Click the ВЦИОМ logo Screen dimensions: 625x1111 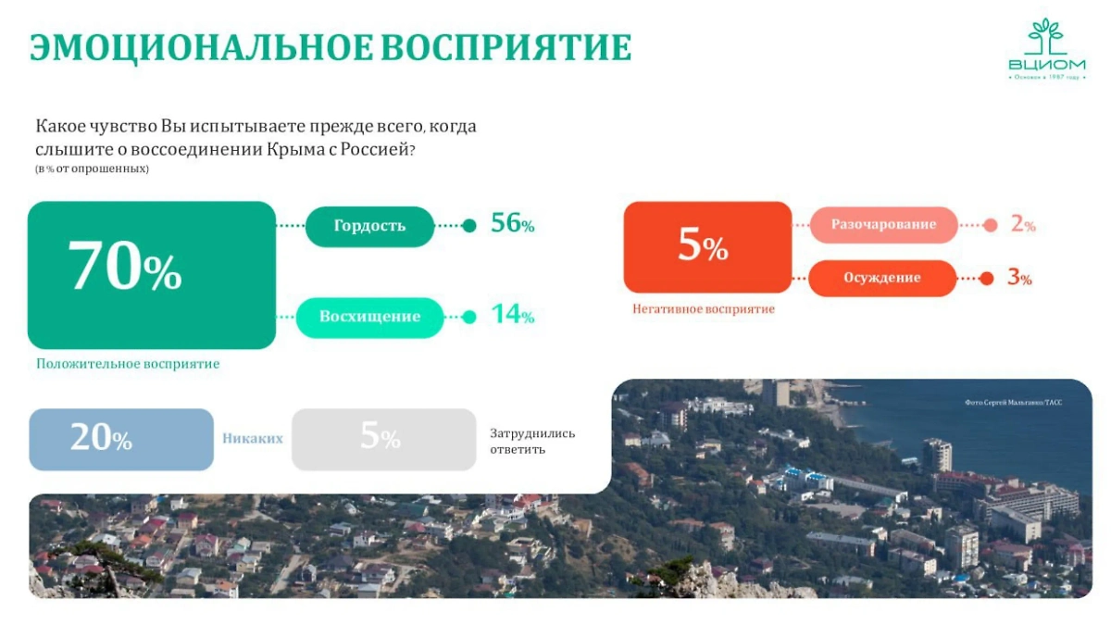pyautogui.click(x=1047, y=49)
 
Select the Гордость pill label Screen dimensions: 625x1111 pyautogui.click(x=369, y=226)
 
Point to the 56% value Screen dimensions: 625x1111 pyautogui.click(x=512, y=224)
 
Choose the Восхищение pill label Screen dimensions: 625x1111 pyautogui.click(x=369, y=317)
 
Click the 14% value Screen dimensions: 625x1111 pyautogui.click(x=512, y=315)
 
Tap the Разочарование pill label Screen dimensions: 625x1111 pyautogui.click(x=883, y=225)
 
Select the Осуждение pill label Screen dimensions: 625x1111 pyautogui.click(x=881, y=278)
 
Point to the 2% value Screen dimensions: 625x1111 pyautogui.click(x=1022, y=225)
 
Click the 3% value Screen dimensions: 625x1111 pyautogui.click(x=1019, y=278)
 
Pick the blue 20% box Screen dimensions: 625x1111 pyautogui.click(x=121, y=439)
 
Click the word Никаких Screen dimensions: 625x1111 pyautogui.click(x=252, y=439)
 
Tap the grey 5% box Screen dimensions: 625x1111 pyautogui.click(x=383, y=439)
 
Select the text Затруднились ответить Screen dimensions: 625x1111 pyautogui.click(x=532, y=441)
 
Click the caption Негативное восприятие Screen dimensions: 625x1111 pyautogui.click(x=704, y=309)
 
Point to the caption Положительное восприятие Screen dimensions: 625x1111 pyautogui.click(x=128, y=364)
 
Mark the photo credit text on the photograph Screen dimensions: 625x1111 pyautogui.click(x=1012, y=403)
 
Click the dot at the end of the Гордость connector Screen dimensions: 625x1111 pyautogui.click(x=469, y=226)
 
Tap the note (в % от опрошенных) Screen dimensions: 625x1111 pyautogui.click(x=92, y=169)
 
